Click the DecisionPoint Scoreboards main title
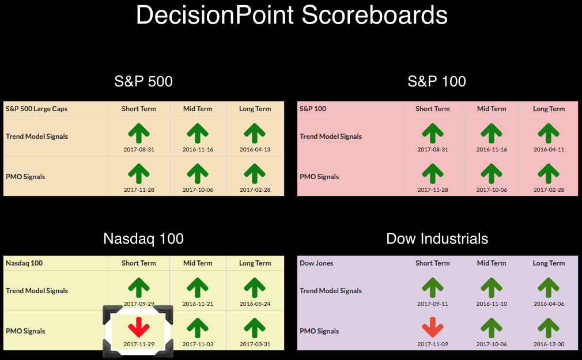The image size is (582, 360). click(x=292, y=15)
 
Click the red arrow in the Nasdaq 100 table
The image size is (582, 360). click(x=139, y=327)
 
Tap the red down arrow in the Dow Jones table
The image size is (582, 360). click(x=433, y=327)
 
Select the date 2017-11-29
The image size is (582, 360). click(x=139, y=344)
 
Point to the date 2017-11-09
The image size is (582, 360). click(x=433, y=344)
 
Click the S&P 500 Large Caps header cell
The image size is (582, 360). click(x=36, y=109)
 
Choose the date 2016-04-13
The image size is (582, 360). click(x=255, y=150)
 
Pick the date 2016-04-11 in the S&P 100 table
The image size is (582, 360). click(x=549, y=150)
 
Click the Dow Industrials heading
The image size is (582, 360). click(x=437, y=238)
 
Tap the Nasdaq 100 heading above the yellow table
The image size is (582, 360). click(x=143, y=238)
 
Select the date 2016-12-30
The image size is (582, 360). click(x=549, y=344)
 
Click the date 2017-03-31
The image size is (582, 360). click(x=255, y=344)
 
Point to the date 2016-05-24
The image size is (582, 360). click(x=255, y=304)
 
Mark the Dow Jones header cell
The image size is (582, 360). click(x=316, y=263)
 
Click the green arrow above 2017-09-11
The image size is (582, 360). click(x=433, y=287)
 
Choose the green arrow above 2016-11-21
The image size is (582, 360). click(x=198, y=287)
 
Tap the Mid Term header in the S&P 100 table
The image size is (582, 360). click(x=492, y=109)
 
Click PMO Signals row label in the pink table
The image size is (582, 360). click(x=319, y=177)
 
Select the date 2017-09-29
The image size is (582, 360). click(x=139, y=304)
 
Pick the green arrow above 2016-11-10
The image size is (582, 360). click(x=492, y=287)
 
